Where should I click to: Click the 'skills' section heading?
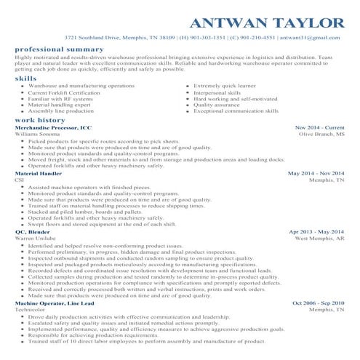coord(25,77)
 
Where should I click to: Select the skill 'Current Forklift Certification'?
coord(65,92)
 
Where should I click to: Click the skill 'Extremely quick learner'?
coord(225,86)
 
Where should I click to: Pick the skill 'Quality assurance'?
coord(217,105)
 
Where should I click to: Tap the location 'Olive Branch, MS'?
coord(322,135)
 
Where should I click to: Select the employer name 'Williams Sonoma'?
coord(36,135)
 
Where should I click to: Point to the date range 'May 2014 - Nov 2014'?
coord(316,174)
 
